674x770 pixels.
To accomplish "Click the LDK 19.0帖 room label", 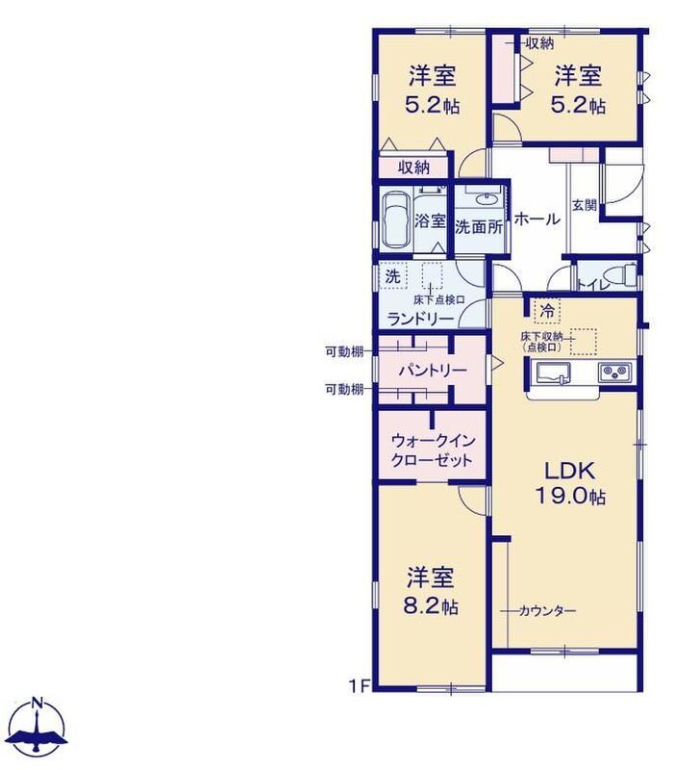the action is tap(570, 484).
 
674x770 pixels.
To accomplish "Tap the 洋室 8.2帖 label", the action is tap(431, 591).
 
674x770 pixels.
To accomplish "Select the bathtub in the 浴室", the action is tap(395, 220).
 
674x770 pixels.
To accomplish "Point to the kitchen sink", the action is tap(553, 372).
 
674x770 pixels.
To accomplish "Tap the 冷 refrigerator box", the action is tap(546, 310).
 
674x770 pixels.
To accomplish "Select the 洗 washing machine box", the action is tap(393, 276).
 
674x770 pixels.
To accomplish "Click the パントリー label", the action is tap(432, 370).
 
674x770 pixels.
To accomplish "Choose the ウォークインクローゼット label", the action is tap(432, 450).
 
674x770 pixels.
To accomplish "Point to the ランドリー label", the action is tap(420, 320).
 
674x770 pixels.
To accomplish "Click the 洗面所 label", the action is tap(479, 227).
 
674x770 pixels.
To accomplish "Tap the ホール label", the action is tap(537, 218).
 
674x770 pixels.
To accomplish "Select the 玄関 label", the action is tap(585, 205).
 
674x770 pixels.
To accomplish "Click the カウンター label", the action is tap(547, 611).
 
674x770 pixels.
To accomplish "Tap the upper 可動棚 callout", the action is tap(344, 351).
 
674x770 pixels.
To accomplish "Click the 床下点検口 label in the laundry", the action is tap(438, 299).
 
